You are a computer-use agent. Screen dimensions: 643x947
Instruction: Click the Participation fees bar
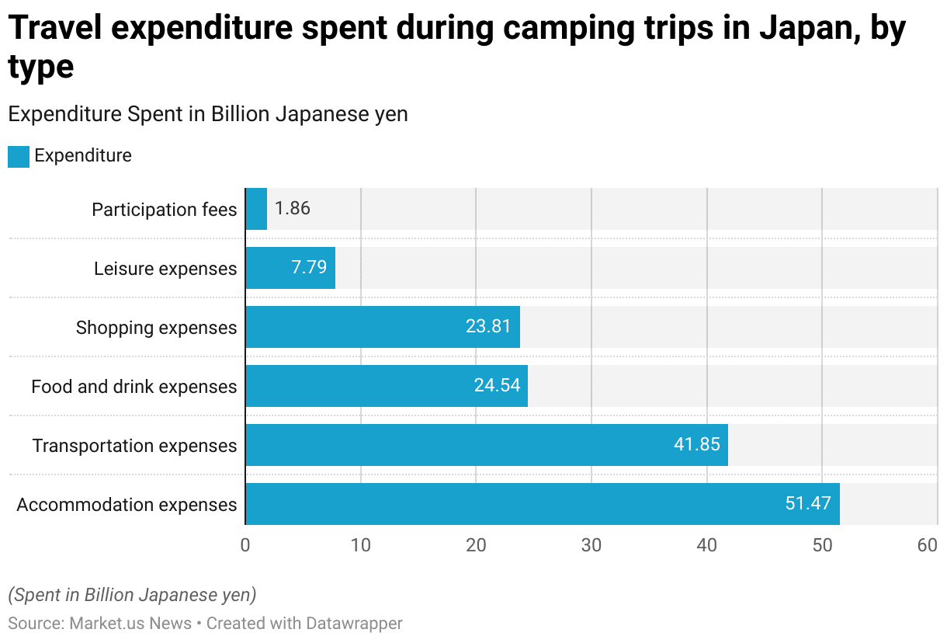coord(256,209)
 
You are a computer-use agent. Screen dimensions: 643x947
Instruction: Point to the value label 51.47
coord(807,503)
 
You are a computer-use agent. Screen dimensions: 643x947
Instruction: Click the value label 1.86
coord(293,209)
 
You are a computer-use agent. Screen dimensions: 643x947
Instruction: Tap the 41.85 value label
coord(697,445)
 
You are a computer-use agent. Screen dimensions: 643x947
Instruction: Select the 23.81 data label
coord(488,327)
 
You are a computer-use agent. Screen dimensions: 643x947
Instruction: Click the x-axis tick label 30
coord(591,546)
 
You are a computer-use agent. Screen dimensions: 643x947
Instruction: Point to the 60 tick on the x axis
coord(928,546)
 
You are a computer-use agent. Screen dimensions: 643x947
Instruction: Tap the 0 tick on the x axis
coord(245,546)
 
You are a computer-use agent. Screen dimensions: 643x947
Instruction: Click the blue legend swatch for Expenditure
coord(18,156)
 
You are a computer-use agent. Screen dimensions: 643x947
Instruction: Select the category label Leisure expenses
coord(165,269)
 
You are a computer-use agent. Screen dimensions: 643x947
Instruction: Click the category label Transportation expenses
coord(134,446)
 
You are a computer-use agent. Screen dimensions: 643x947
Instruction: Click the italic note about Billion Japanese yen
coord(132,595)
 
